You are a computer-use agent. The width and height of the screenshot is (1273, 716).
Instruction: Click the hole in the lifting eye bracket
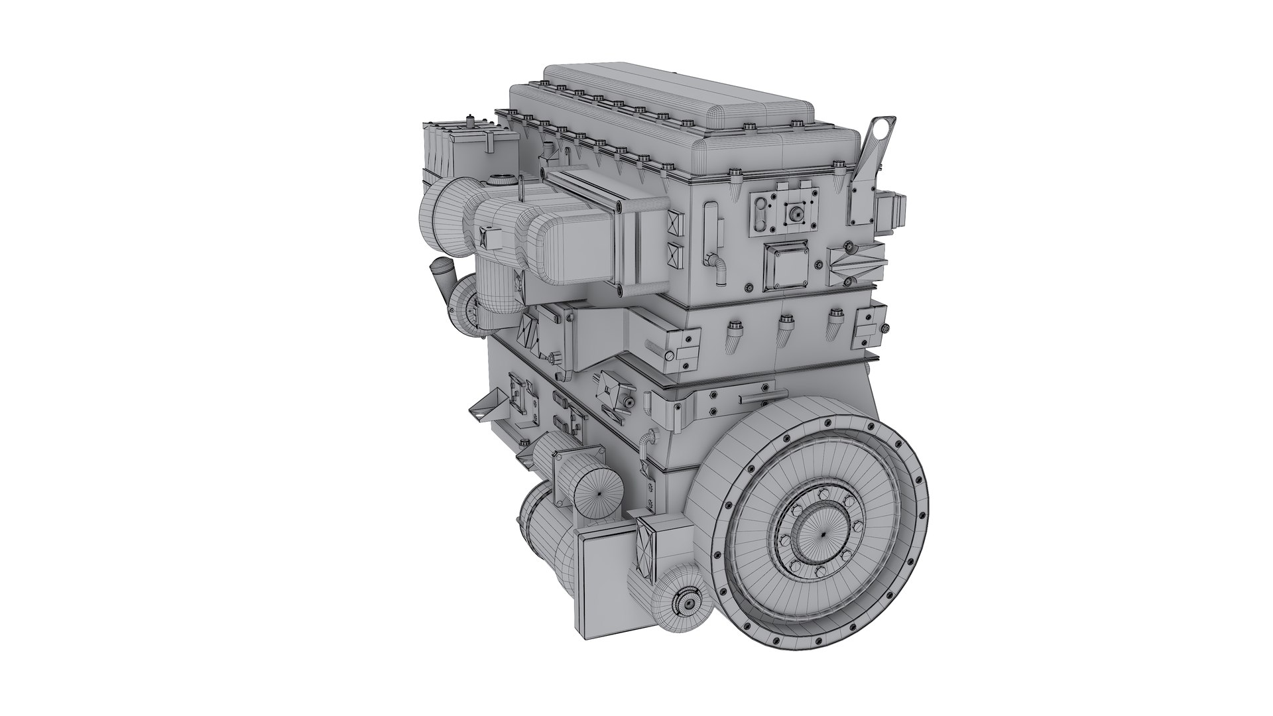880,127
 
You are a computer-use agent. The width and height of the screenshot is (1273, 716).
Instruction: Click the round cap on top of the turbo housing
501,179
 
